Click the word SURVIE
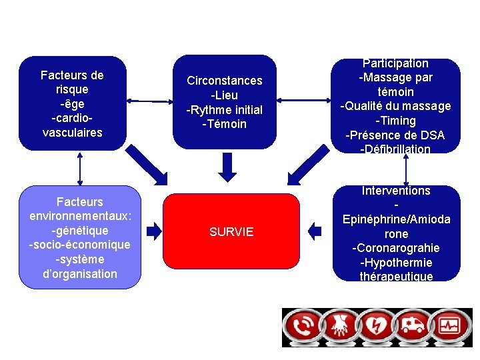point(231,232)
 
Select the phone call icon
point(303,327)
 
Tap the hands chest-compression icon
point(342,327)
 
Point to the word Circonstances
point(225,81)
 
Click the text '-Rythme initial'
point(225,109)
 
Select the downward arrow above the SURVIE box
point(228,167)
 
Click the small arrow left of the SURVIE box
point(154,231)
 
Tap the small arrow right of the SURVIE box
point(315,231)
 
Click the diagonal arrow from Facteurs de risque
point(147,164)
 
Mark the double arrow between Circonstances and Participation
point(304,101)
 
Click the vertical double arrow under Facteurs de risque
point(80,168)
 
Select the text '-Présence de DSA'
point(395,135)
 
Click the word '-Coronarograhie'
point(396,248)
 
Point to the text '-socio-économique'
point(80,245)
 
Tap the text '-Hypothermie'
point(396,263)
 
